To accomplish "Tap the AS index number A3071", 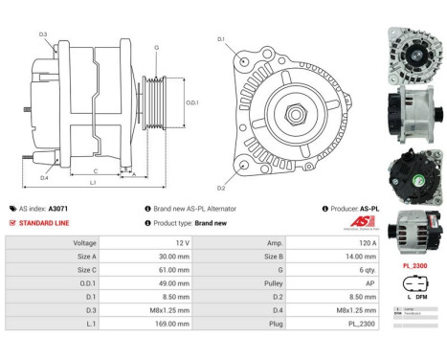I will [x=59, y=208].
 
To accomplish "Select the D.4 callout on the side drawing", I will [x=44, y=177].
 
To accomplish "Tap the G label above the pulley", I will [x=156, y=47].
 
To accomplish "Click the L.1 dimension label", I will [x=92, y=182].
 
